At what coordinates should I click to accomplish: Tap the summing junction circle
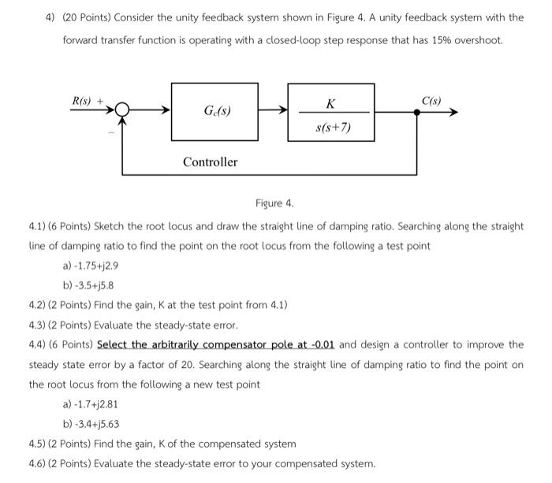tap(122, 112)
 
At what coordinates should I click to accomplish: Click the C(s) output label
tap(431, 101)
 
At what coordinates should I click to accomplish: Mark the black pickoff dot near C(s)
tap(417, 113)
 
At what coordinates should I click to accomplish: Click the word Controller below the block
tap(210, 162)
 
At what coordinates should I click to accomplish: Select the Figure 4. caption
tap(274, 203)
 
